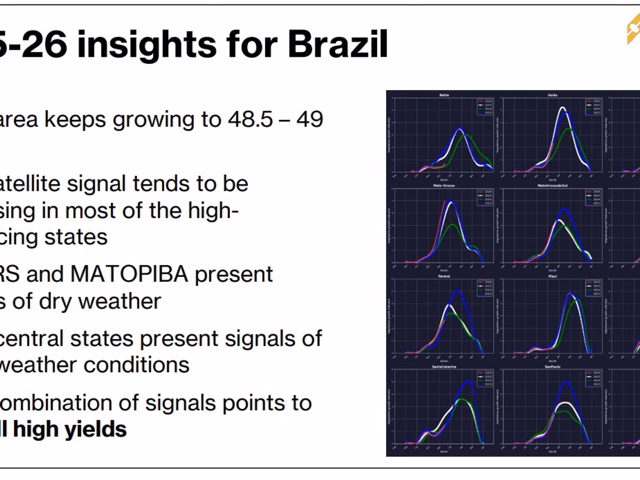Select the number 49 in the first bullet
click(310, 119)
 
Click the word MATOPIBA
click(129, 274)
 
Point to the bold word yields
click(96, 429)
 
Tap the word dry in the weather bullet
click(56, 301)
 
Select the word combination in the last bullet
click(56, 403)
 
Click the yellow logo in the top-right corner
click(634, 28)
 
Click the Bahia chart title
click(444, 95)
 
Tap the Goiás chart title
click(552, 95)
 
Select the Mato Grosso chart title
click(444, 186)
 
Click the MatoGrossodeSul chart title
click(552, 186)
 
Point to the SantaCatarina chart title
click(444, 366)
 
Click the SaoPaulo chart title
click(552, 366)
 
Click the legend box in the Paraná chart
click(485, 288)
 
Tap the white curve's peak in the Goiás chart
click(562, 108)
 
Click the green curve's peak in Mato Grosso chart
click(452, 224)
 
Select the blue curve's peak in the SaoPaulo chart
click(566, 383)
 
